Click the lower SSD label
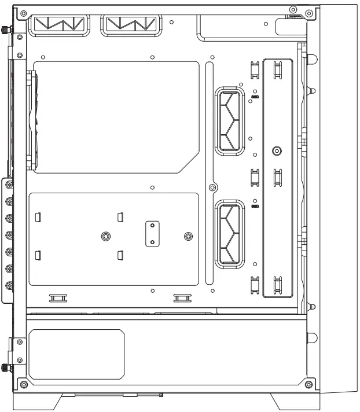255,205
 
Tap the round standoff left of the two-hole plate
105,236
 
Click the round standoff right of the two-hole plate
188,236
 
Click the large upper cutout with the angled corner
116,116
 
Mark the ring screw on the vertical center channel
213,187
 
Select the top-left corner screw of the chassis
21,11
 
